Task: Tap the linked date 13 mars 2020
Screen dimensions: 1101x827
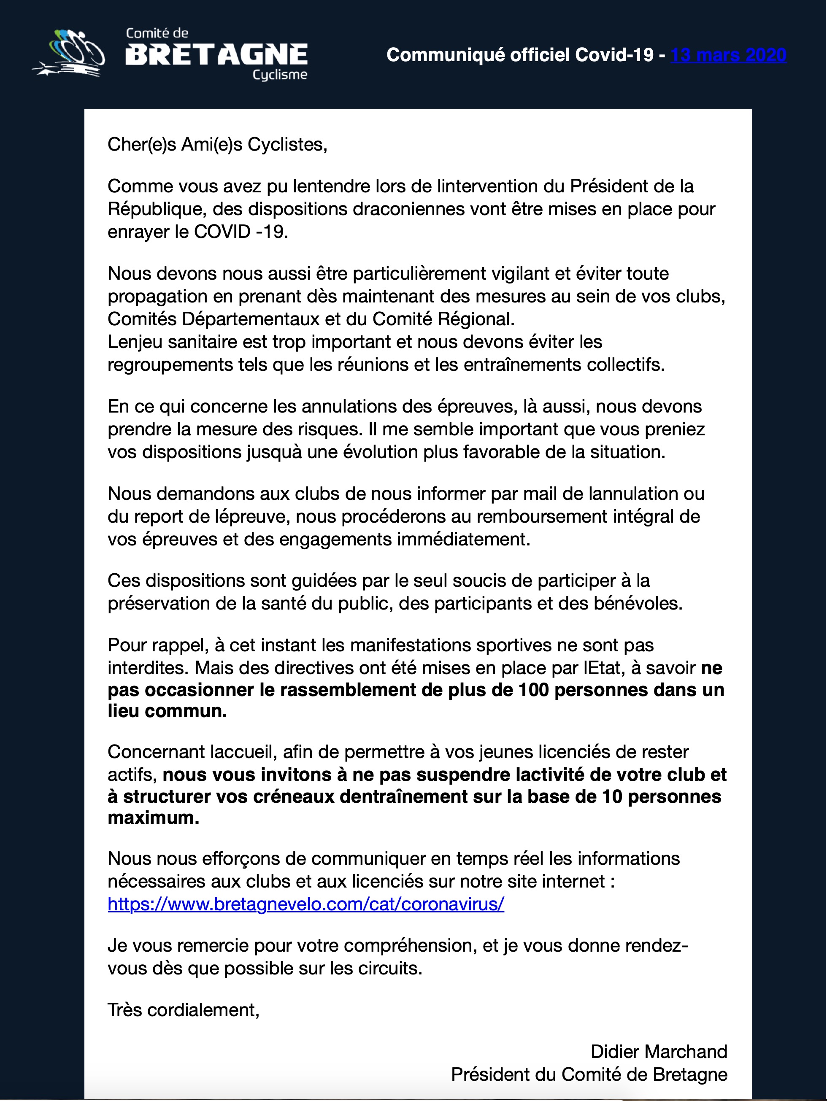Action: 728,55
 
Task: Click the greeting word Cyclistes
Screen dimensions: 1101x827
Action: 286,144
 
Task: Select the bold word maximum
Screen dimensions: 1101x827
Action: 152,818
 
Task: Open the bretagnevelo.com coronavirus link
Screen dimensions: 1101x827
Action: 306,904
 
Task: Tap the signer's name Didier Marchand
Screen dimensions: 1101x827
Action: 658,1052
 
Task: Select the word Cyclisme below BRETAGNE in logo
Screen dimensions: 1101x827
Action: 280,75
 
